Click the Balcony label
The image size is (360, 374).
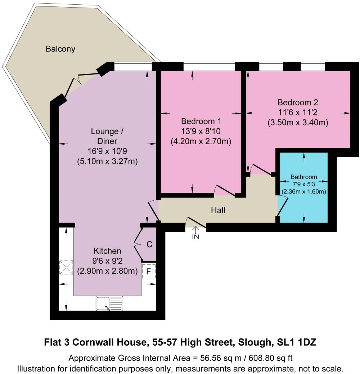pyautogui.click(x=60, y=49)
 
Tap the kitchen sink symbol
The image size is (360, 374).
pyautogui.click(x=109, y=303)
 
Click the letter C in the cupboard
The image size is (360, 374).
pyautogui.click(x=149, y=245)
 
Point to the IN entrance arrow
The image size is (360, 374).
pyautogui.click(x=195, y=233)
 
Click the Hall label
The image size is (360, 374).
pyautogui.click(x=218, y=210)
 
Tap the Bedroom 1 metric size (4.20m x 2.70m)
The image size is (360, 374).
pyautogui.click(x=201, y=141)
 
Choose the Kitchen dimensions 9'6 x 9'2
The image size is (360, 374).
pyautogui.click(x=107, y=261)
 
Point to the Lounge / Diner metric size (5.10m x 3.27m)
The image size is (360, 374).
pyautogui.click(x=107, y=161)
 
